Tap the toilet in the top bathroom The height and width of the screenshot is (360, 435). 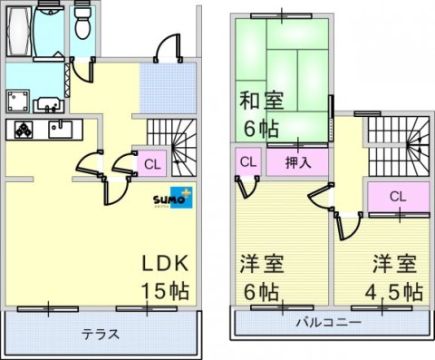[x=82, y=23]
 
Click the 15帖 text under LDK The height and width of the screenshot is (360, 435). [x=163, y=292]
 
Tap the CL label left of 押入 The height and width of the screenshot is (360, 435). [x=246, y=162]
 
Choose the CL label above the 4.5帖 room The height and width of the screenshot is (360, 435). [x=396, y=197]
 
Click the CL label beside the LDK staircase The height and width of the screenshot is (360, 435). [x=152, y=164]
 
